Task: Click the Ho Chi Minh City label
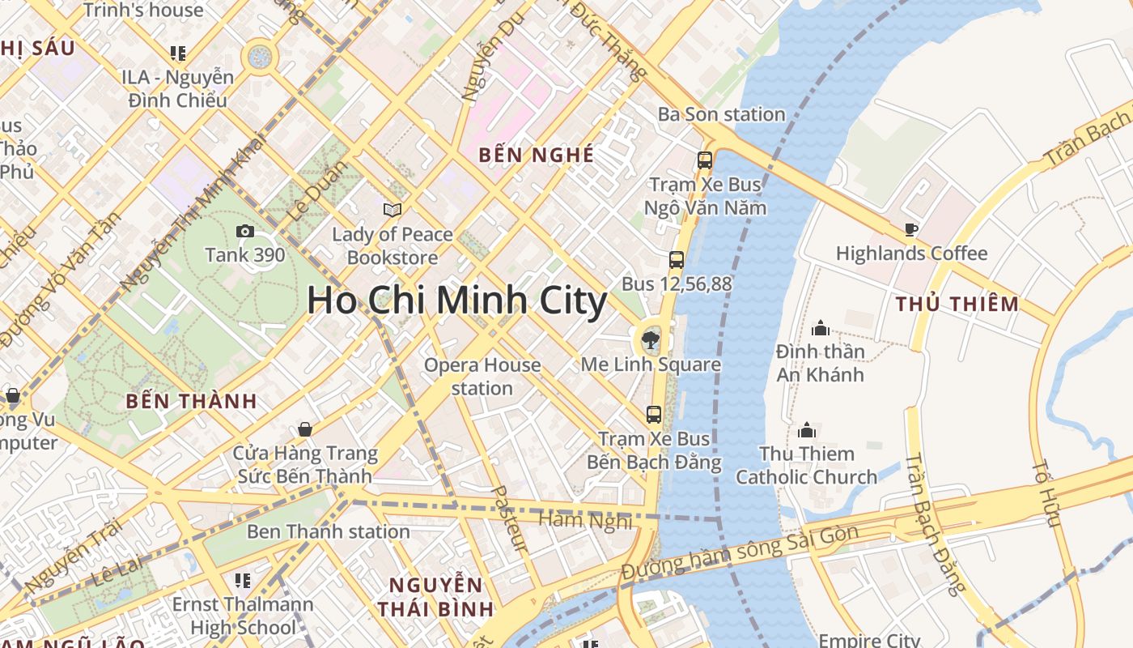(x=456, y=301)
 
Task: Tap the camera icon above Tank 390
(x=245, y=232)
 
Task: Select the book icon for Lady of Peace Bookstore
(x=393, y=211)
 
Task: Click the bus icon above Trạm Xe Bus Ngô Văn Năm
(x=705, y=160)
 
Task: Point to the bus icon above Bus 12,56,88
(x=677, y=260)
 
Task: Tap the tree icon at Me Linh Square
(x=650, y=339)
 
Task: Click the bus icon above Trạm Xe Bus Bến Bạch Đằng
(x=654, y=415)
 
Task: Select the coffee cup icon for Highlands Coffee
(x=911, y=230)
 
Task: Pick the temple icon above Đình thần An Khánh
(x=821, y=328)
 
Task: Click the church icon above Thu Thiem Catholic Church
(x=807, y=430)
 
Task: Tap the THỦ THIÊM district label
(x=957, y=305)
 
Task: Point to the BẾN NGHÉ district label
(x=536, y=155)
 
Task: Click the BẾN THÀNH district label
(x=192, y=401)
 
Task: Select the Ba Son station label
(x=721, y=114)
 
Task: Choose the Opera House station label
(x=482, y=377)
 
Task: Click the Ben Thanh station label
(x=328, y=532)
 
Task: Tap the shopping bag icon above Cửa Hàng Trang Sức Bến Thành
(x=305, y=428)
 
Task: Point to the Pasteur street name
(x=510, y=519)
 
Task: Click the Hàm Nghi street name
(x=584, y=519)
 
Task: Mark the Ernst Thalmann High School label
(x=243, y=616)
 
